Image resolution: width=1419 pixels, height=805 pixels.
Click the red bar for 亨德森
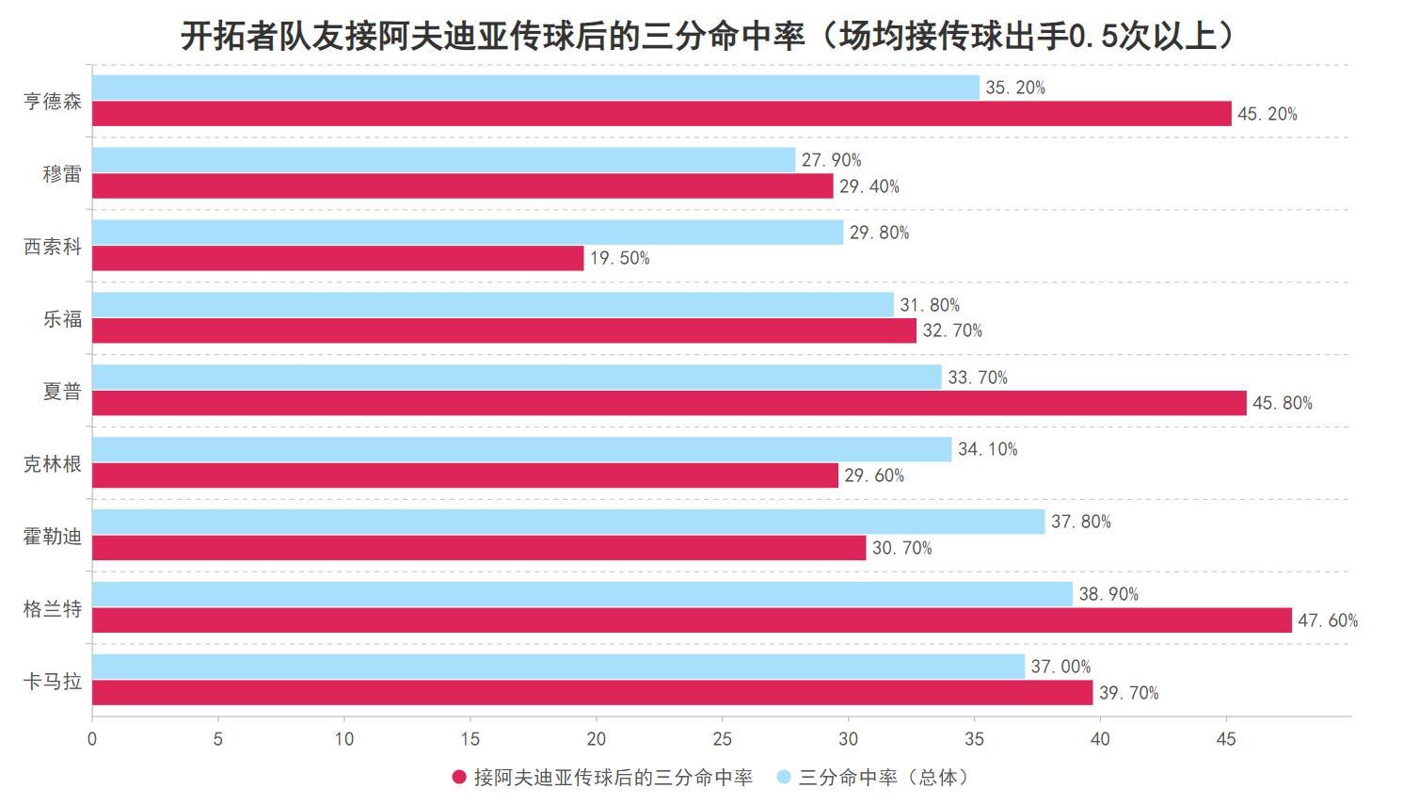[662, 114]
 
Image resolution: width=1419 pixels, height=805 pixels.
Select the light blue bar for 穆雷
[443, 160]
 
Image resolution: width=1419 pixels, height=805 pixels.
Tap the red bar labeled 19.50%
[338, 258]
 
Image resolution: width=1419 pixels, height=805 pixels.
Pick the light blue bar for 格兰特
[582, 594]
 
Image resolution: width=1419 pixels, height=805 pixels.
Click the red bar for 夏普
[669, 403]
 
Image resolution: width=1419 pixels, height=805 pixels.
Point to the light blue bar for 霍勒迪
[568, 522]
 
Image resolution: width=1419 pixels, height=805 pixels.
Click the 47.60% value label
[1328, 620]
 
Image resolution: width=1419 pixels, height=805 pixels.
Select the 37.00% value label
[1060, 667]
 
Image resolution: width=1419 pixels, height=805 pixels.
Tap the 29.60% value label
[874, 475]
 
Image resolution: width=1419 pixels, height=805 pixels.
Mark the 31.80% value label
[930, 305]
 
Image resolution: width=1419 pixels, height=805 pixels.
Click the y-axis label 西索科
[53, 247]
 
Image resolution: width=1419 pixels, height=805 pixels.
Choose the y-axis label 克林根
[53, 463]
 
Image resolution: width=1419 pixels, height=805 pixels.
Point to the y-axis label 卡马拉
[53, 681]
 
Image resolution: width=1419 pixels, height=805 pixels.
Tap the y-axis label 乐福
[62, 319]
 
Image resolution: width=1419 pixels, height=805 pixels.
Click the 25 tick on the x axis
[723, 739]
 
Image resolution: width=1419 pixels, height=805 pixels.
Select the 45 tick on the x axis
[1226, 739]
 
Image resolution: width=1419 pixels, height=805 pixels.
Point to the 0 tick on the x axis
[92, 739]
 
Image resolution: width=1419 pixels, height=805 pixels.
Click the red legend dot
[459, 777]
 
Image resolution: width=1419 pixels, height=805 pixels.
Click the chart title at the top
[709, 36]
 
